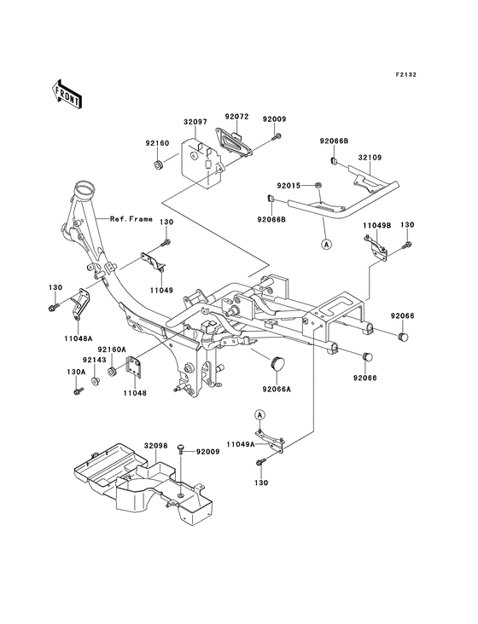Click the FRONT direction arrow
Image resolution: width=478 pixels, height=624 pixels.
[x=67, y=94]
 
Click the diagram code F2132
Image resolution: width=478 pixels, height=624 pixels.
[x=405, y=74]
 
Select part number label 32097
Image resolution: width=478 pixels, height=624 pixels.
[x=195, y=122]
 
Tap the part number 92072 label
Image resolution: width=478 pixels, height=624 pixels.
[x=236, y=117]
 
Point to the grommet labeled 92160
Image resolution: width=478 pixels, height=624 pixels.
[x=158, y=164]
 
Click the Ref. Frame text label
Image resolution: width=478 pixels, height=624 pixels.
[x=131, y=219]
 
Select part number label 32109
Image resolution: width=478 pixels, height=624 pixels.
[x=370, y=157]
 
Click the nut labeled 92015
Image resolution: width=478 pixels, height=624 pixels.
[x=318, y=185]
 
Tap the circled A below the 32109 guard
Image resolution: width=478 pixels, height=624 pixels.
[x=326, y=245]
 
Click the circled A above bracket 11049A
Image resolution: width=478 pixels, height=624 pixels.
[x=259, y=414]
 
